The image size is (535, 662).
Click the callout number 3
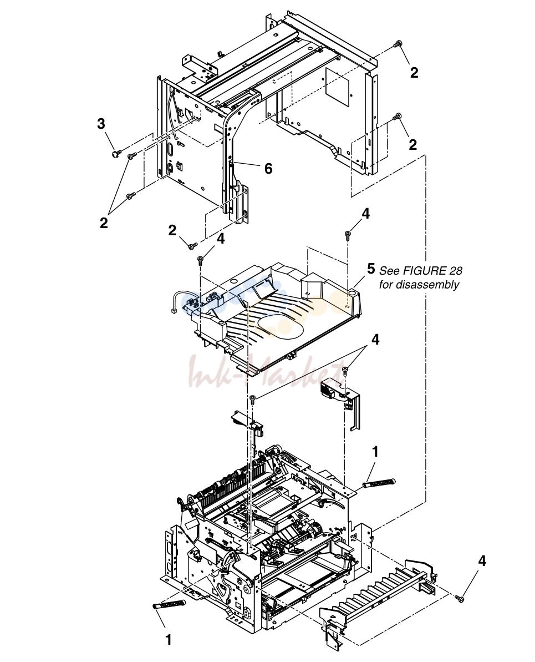(101, 124)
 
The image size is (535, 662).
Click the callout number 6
(268, 169)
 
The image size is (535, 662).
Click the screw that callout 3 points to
(116, 153)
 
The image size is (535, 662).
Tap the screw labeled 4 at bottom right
(460, 598)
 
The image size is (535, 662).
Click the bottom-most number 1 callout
(169, 640)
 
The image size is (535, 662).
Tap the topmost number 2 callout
(414, 73)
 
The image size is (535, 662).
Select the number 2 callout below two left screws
(104, 223)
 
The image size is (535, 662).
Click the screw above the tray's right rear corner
(348, 234)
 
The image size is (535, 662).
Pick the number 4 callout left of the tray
(220, 239)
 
